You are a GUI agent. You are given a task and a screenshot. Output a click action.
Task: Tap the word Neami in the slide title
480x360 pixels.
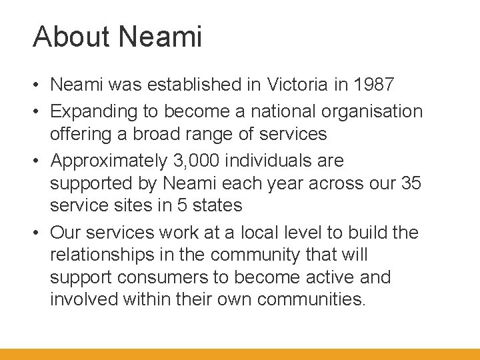[160, 37]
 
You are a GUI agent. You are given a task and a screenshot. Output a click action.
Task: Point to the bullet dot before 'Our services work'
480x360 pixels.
[39, 233]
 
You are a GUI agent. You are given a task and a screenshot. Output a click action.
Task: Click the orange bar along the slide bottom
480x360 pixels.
[240, 354]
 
